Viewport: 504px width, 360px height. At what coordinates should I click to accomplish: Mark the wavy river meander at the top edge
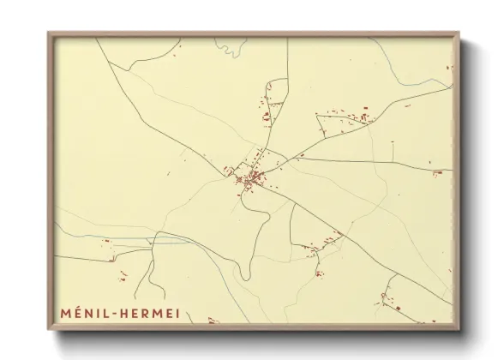coord(231,48)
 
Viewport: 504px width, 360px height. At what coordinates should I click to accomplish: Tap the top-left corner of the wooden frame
coord(49,33)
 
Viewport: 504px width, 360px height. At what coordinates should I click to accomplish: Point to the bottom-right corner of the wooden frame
coord(459,330)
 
